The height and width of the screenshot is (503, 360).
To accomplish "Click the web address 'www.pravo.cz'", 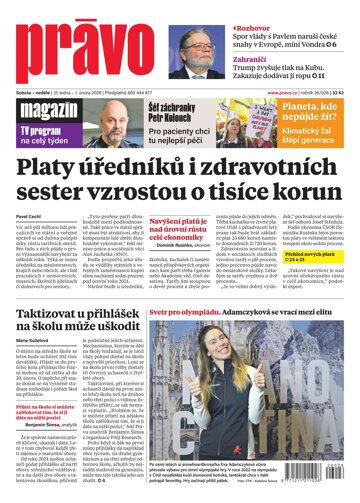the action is click(x=285, y=95).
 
